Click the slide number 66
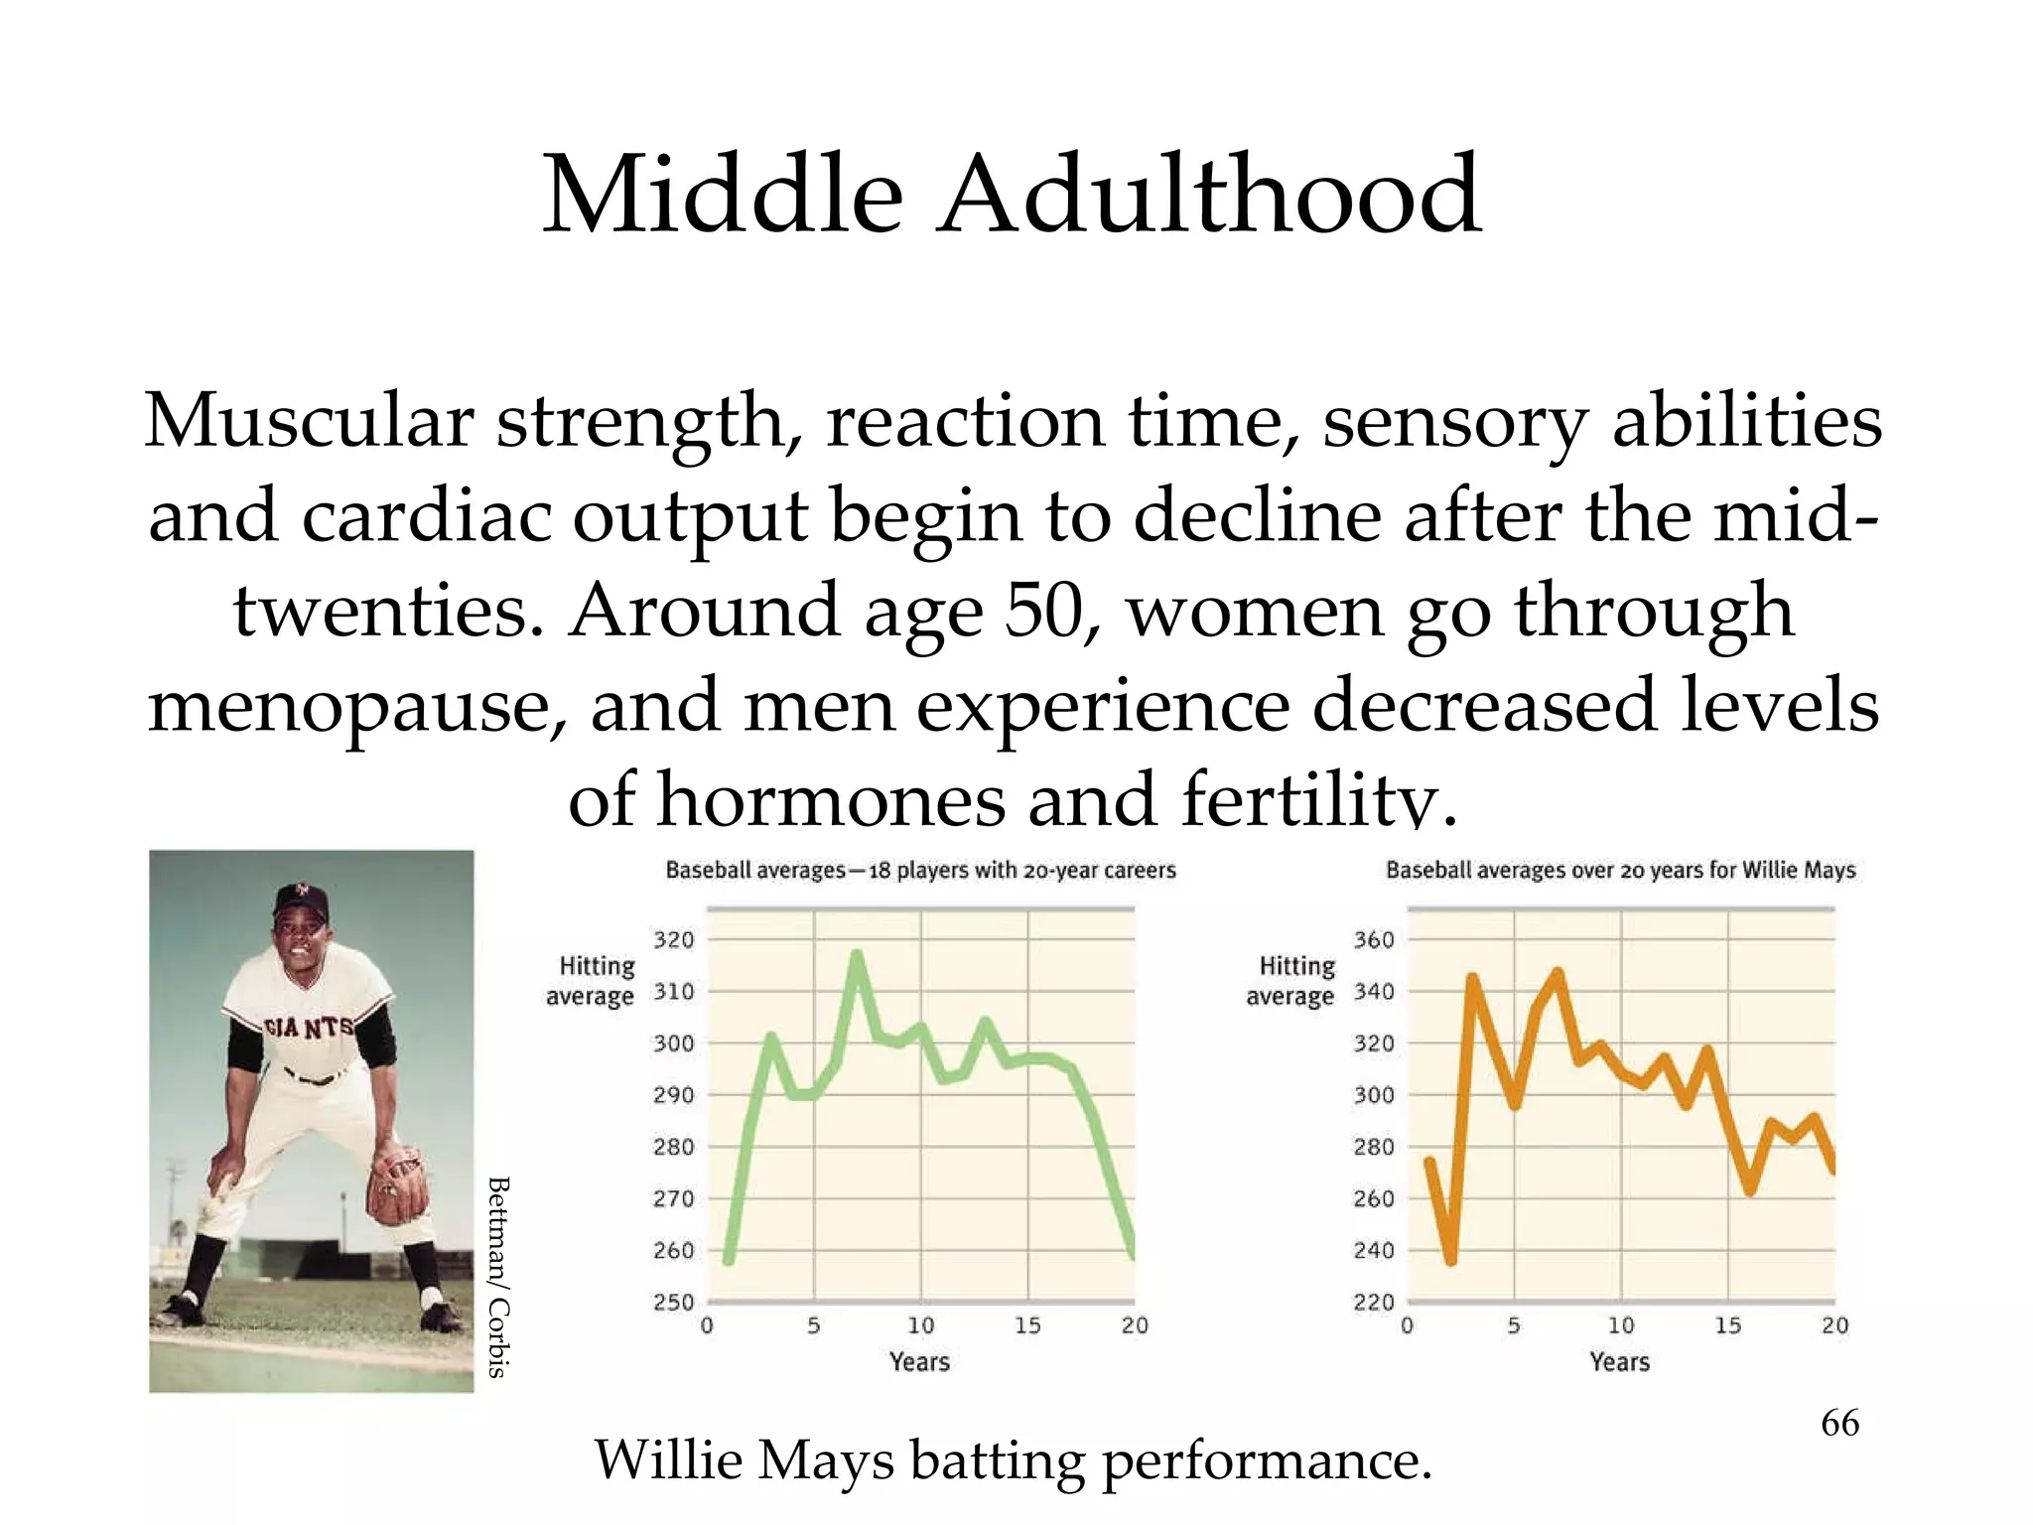(x=1839, y=1423)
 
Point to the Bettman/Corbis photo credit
(x=498, y=1277)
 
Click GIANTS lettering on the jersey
(x=308, y=1029)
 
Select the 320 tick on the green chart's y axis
(x=673, y=939)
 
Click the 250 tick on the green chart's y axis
(x=673, y=1302)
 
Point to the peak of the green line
(x=857, y=955)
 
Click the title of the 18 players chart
(x=920, y=871)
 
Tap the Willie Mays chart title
(x=1620, y=871)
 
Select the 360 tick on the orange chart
(x=1374, y=939)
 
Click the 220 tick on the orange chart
(x=1374, y=1302)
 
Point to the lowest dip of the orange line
(x=1451, y=1261)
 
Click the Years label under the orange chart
(x=1619, y=1362)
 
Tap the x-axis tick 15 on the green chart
(x=1027, y=1325)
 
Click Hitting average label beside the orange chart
(x=1291, y=981)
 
